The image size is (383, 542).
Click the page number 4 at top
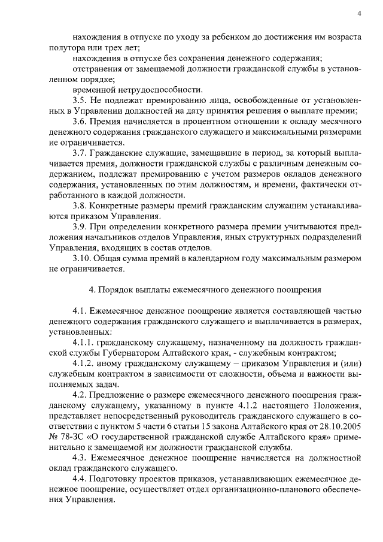[x=359, y=14]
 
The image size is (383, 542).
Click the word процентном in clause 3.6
[x=193, y=122]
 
